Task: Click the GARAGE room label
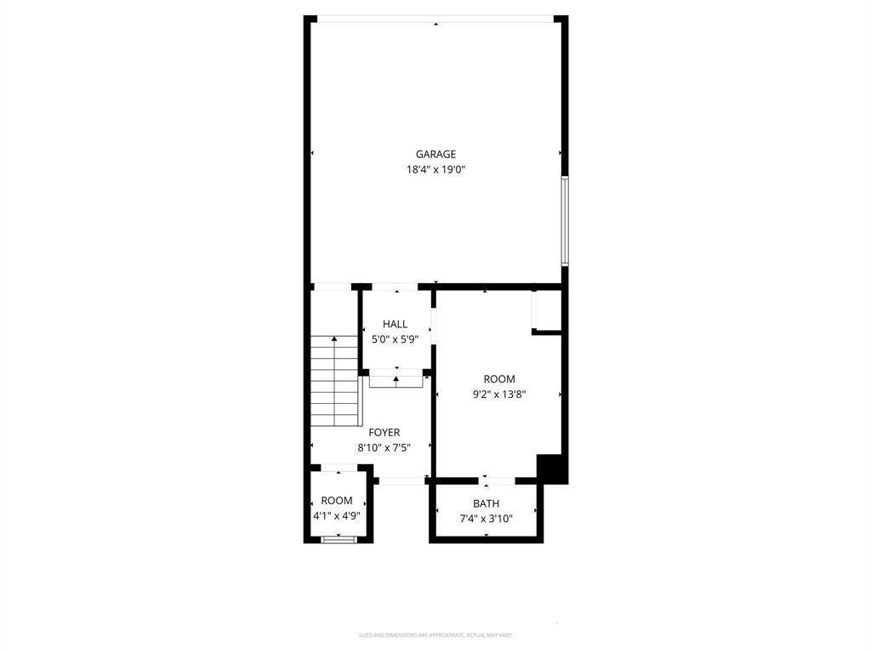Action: click(435, 154)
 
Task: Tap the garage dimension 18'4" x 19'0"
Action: click(435, 169)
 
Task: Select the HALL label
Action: click(395, 324)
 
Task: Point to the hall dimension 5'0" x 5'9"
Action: click(395, 339)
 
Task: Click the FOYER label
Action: click(384, 433)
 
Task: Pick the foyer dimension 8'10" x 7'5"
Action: click(384, 448)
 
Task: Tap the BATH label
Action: click(486, 503)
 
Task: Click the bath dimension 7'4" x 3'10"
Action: click(486, 519)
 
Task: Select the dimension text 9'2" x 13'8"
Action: click(499, 394)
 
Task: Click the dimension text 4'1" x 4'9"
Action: click(337, 515)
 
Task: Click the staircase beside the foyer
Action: click(335, 383)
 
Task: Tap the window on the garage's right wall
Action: click(565, 221)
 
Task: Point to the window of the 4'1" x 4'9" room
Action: click(338, 539)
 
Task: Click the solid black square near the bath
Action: click(551, 468)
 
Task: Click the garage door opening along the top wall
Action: click(435, 19)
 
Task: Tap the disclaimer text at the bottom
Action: click(435, 635)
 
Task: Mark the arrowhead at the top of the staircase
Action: click(334, 339)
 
